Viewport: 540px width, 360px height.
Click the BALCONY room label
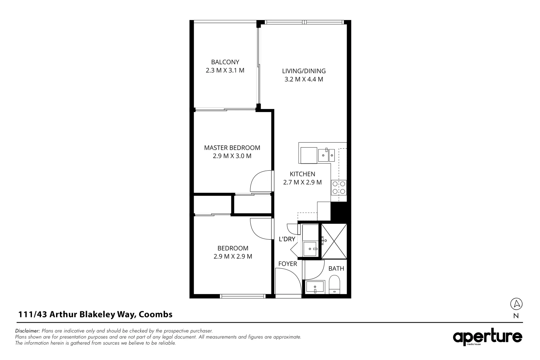tap(225, 62)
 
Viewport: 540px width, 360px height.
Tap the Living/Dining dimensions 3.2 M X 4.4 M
tap(304, 79)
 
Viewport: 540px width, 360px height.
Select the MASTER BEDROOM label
tap(232, 148)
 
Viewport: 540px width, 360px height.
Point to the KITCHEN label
tap(302, 174)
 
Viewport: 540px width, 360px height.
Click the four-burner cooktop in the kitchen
tap(339, 187)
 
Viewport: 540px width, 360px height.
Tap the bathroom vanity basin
tap(315, 287)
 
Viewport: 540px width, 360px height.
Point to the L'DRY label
tap(287, 239)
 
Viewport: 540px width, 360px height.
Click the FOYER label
tap(288, 264)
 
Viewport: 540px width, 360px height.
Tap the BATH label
tap(336, 269)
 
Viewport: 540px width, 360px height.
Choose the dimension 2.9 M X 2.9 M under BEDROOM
tap(233, 256)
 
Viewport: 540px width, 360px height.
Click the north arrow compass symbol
tap(516, 304)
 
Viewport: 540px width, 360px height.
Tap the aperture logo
tap(487, 338)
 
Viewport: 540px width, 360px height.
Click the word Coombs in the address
tap(156, 314)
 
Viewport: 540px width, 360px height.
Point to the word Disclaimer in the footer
tap(28, 331)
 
